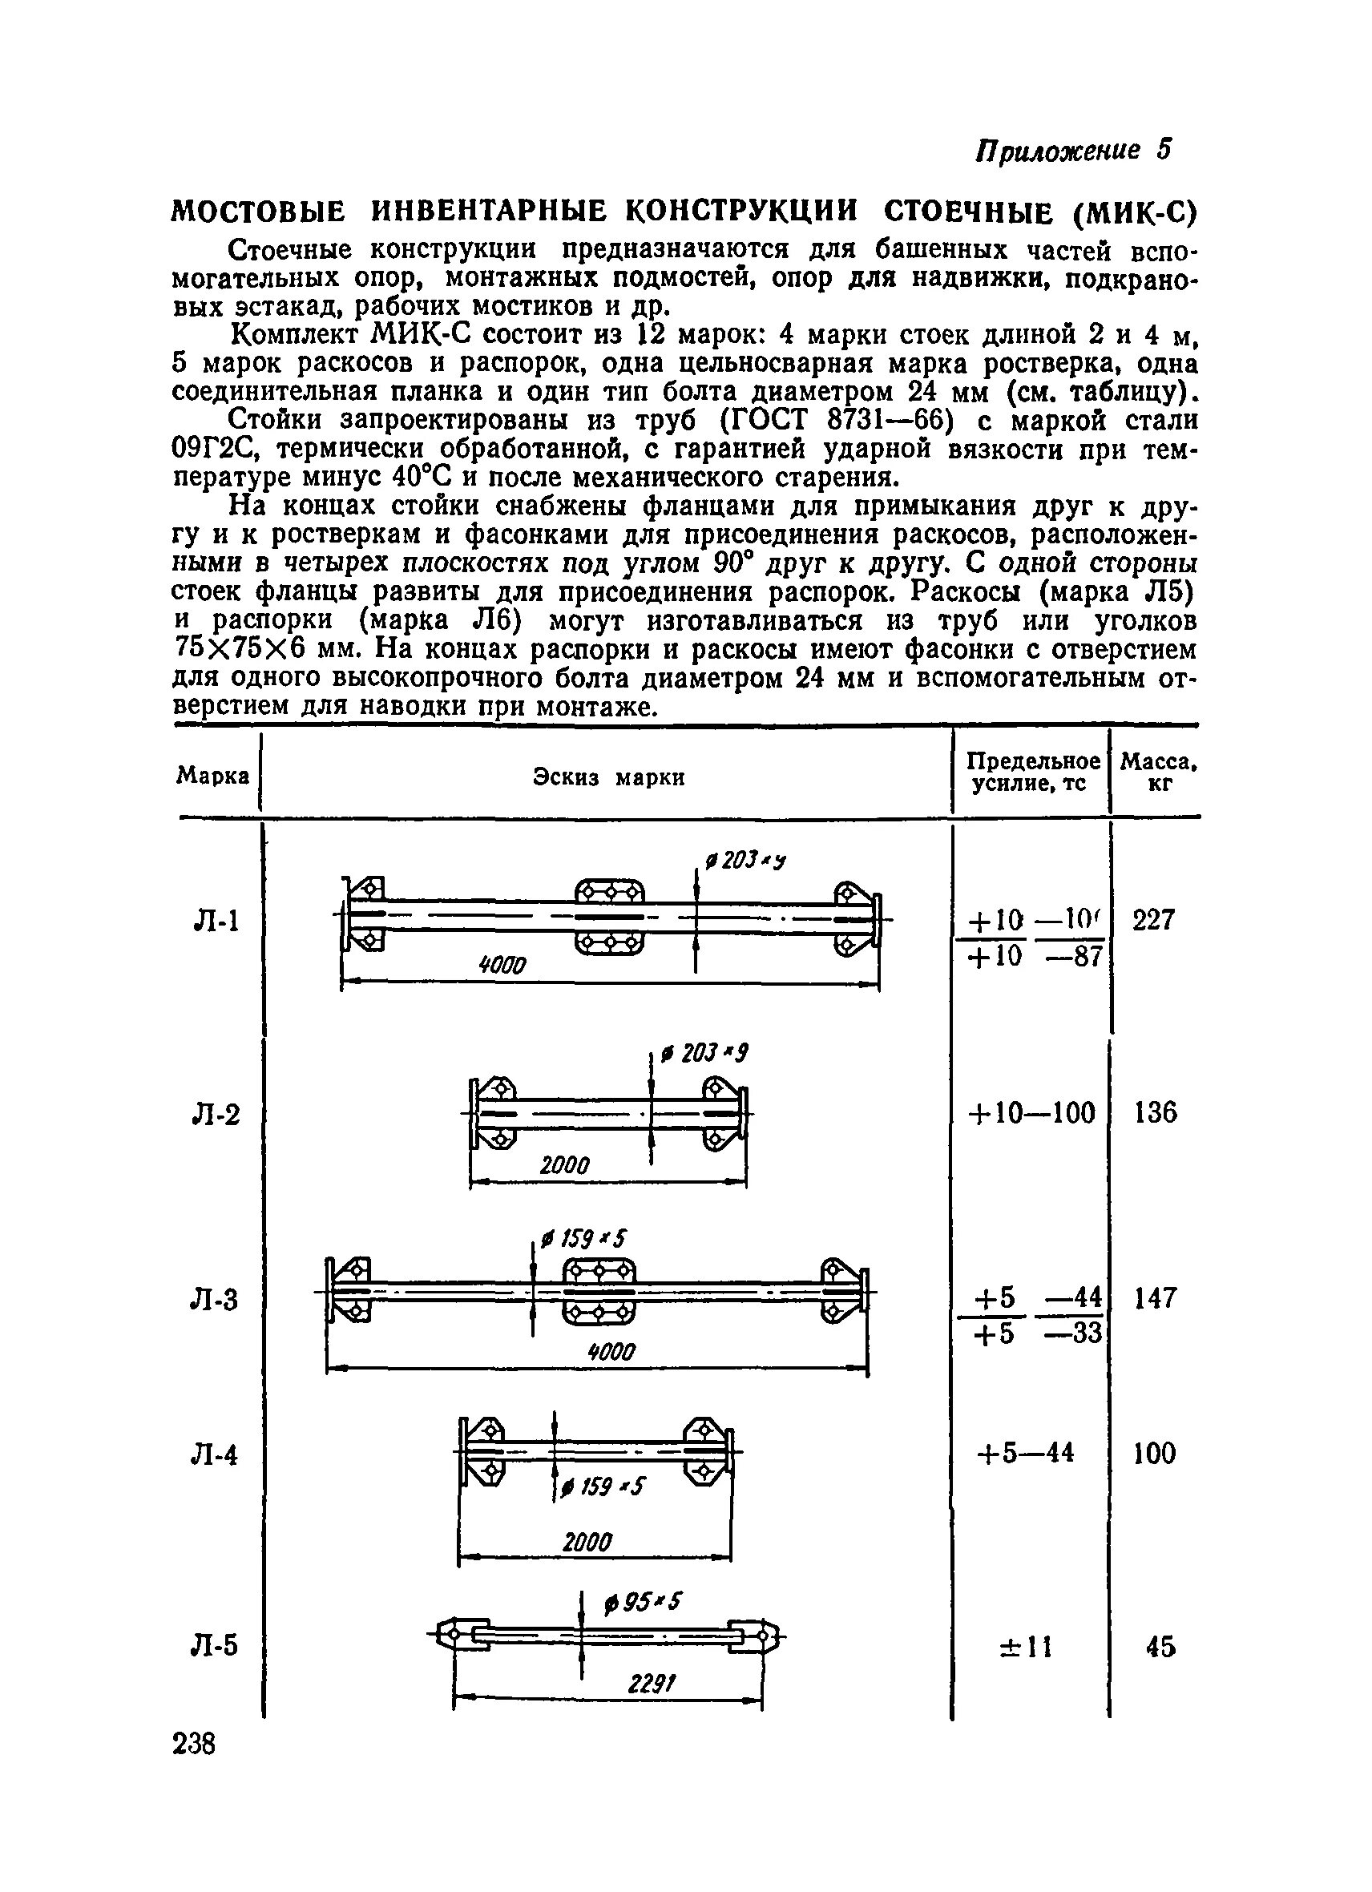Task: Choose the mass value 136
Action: [1155, 1113]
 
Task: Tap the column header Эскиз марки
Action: [609, 777]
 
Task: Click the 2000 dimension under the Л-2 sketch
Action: [565, 1165]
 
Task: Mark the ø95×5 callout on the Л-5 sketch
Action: [643, 1603]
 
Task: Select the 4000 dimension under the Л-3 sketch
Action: [611, 1350]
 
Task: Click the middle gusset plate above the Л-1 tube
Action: [611, 894]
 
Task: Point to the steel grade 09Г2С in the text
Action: [217, 449]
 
